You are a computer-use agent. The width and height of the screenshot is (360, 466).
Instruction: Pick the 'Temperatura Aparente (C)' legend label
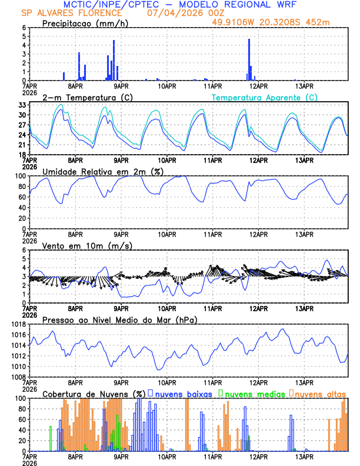[265, 97]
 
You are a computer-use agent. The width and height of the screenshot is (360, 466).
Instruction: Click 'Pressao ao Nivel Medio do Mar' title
[119, 319]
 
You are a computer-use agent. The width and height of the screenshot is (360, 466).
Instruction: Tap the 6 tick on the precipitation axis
[24, 28]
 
